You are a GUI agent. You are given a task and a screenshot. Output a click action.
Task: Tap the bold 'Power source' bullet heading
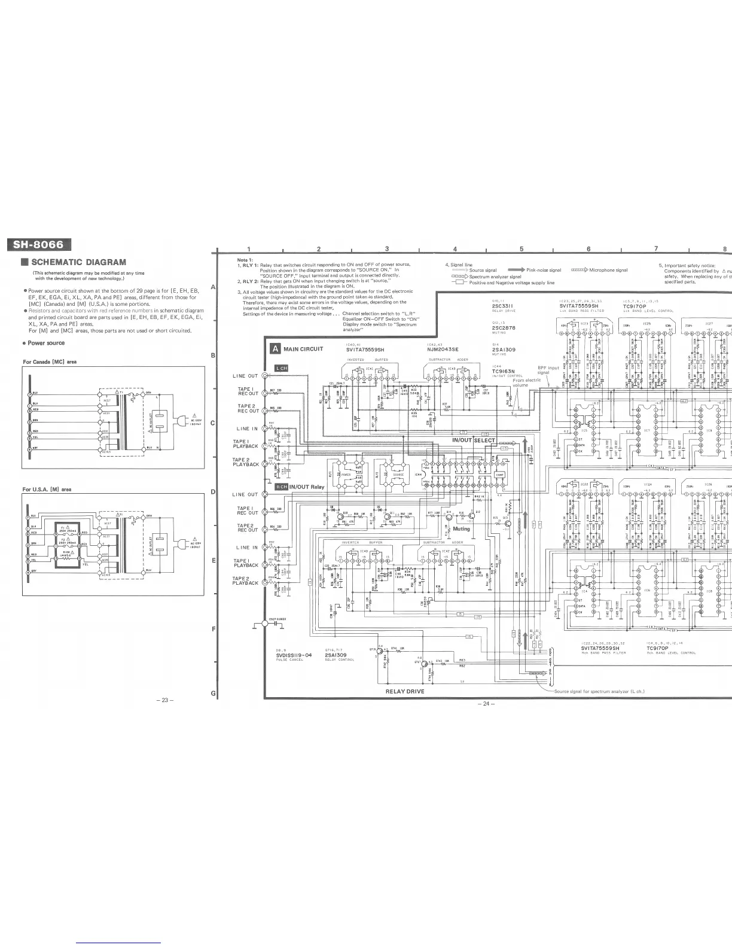(46, 343)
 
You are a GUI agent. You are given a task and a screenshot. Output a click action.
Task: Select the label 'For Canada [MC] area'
(50, 361)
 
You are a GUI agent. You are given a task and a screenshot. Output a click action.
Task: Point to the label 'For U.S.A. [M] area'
(47, 490)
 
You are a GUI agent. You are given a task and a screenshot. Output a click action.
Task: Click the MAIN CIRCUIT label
(303, 349)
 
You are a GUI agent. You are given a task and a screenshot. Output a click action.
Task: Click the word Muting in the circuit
(462, 529)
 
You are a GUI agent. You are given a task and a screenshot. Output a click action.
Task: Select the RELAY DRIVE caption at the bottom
(405, 691)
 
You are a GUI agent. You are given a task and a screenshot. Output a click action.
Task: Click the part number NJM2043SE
(443, 350)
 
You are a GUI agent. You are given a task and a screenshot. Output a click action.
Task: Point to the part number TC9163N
(504, 370)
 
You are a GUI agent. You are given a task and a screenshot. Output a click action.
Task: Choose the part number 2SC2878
(503, 328)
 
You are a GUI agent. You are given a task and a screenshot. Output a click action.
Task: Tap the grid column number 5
(521, 249)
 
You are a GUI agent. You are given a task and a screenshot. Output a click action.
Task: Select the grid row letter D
(213, 493)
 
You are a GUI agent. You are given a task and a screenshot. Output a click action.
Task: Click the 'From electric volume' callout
(526, 383)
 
